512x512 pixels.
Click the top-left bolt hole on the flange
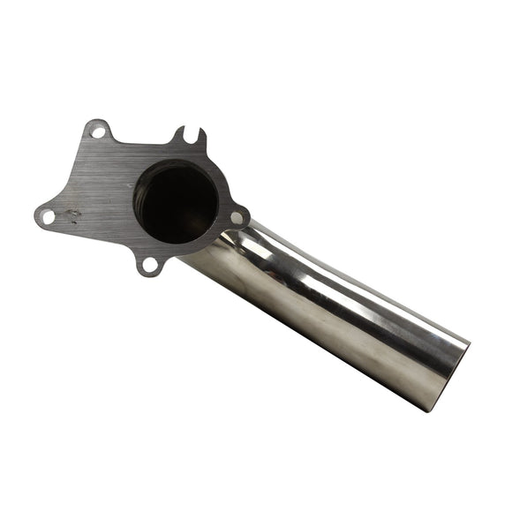point(99,133)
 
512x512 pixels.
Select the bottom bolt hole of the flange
point(150,263)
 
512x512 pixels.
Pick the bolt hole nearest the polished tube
point(237,217)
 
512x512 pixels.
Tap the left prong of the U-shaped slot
point(179,135)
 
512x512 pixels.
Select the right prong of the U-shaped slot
point(201,137)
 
